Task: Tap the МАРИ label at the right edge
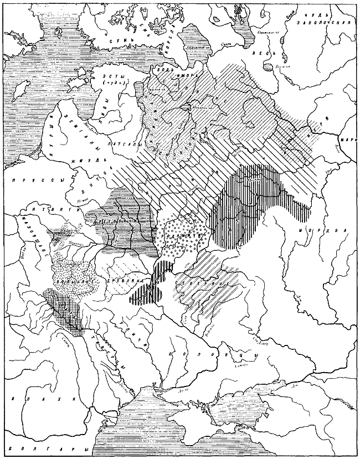click(350, 140)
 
